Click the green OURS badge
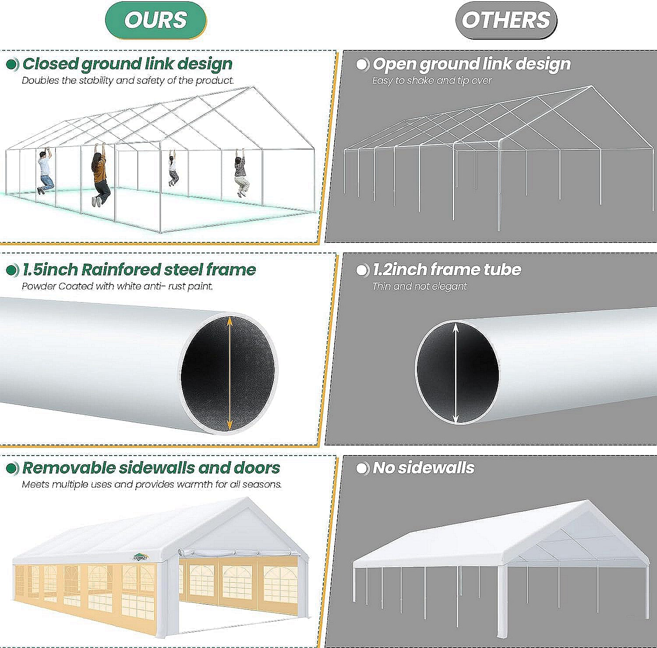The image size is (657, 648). [155, 20]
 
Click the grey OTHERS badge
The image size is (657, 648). [506, 20]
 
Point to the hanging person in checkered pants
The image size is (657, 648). [173, 168]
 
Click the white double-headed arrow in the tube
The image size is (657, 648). [456, 373]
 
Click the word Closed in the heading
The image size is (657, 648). [50, 64]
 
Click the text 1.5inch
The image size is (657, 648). [50, 270]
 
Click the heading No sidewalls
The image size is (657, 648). [424, 468]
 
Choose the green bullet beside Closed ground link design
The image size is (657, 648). [13, 64]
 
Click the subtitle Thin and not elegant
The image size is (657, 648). [420, 286]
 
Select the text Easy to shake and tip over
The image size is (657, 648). [432, 81]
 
